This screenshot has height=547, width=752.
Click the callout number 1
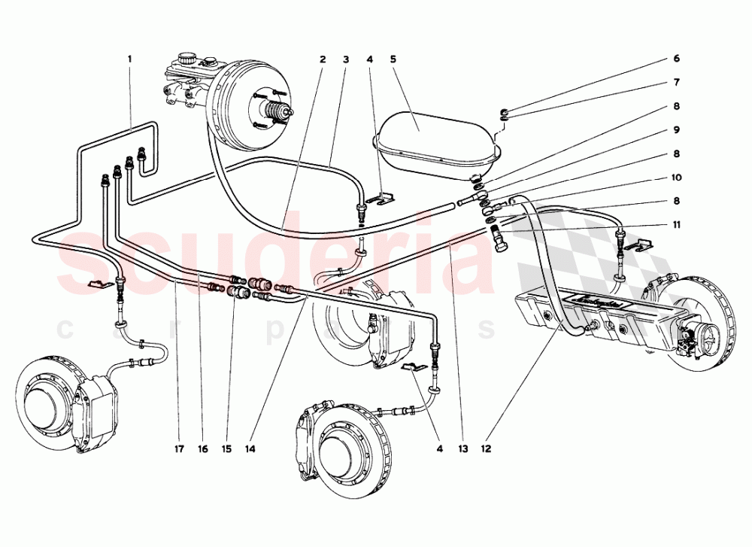[129, 58]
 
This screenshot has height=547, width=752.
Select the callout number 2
[322, 58]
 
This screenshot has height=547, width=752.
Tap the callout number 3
[346, 58]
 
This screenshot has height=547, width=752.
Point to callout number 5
[394, 58]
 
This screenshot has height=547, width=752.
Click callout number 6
[677, 58]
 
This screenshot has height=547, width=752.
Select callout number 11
[677, 224]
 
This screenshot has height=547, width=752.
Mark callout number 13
[462, 449]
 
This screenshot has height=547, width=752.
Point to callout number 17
[178, 449]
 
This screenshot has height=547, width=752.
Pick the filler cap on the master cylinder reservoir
[186, 57]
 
